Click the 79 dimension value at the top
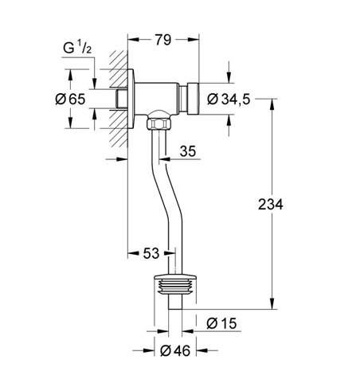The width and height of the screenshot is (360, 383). (163, 40)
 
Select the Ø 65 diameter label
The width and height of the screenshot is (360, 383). (70, 100)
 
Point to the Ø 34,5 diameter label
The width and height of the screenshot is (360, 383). (229, 100)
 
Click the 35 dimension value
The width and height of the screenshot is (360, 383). (188, 151)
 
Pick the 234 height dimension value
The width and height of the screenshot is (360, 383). (271, 205)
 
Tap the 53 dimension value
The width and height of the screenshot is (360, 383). (151, 253)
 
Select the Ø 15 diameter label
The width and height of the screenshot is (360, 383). (221, 323)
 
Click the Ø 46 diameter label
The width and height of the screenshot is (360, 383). (175, 351)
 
